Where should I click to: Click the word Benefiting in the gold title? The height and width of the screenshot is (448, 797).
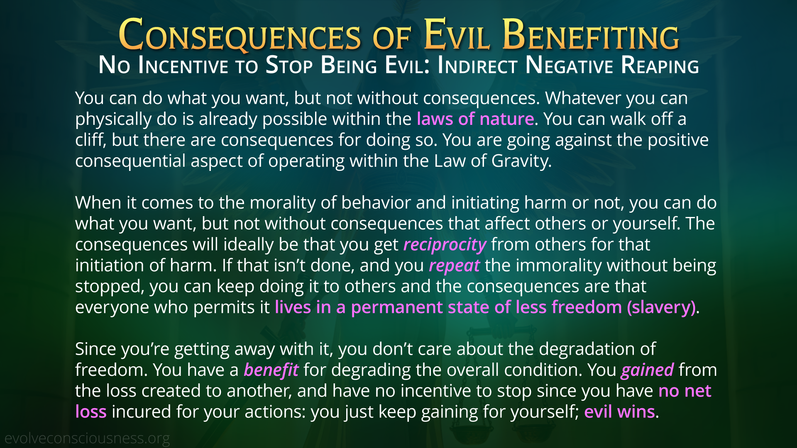click(x=591, y=35)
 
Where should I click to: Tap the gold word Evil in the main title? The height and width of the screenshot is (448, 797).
click(x=457, y=35)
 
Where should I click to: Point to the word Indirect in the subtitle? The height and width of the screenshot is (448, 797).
click(x=478, y=66)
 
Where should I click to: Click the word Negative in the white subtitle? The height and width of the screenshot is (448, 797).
click(x=570, y=66)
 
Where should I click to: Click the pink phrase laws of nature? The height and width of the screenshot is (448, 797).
click(x=475, y=119)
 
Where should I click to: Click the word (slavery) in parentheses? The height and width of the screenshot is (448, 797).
click(x=661, y=307)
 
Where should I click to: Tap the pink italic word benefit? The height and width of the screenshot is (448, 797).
click(x=271, y=370)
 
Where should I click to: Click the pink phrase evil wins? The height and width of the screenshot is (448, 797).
click(x=619, y=411)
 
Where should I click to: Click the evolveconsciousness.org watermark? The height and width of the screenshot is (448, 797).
click(x=87, y=438)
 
